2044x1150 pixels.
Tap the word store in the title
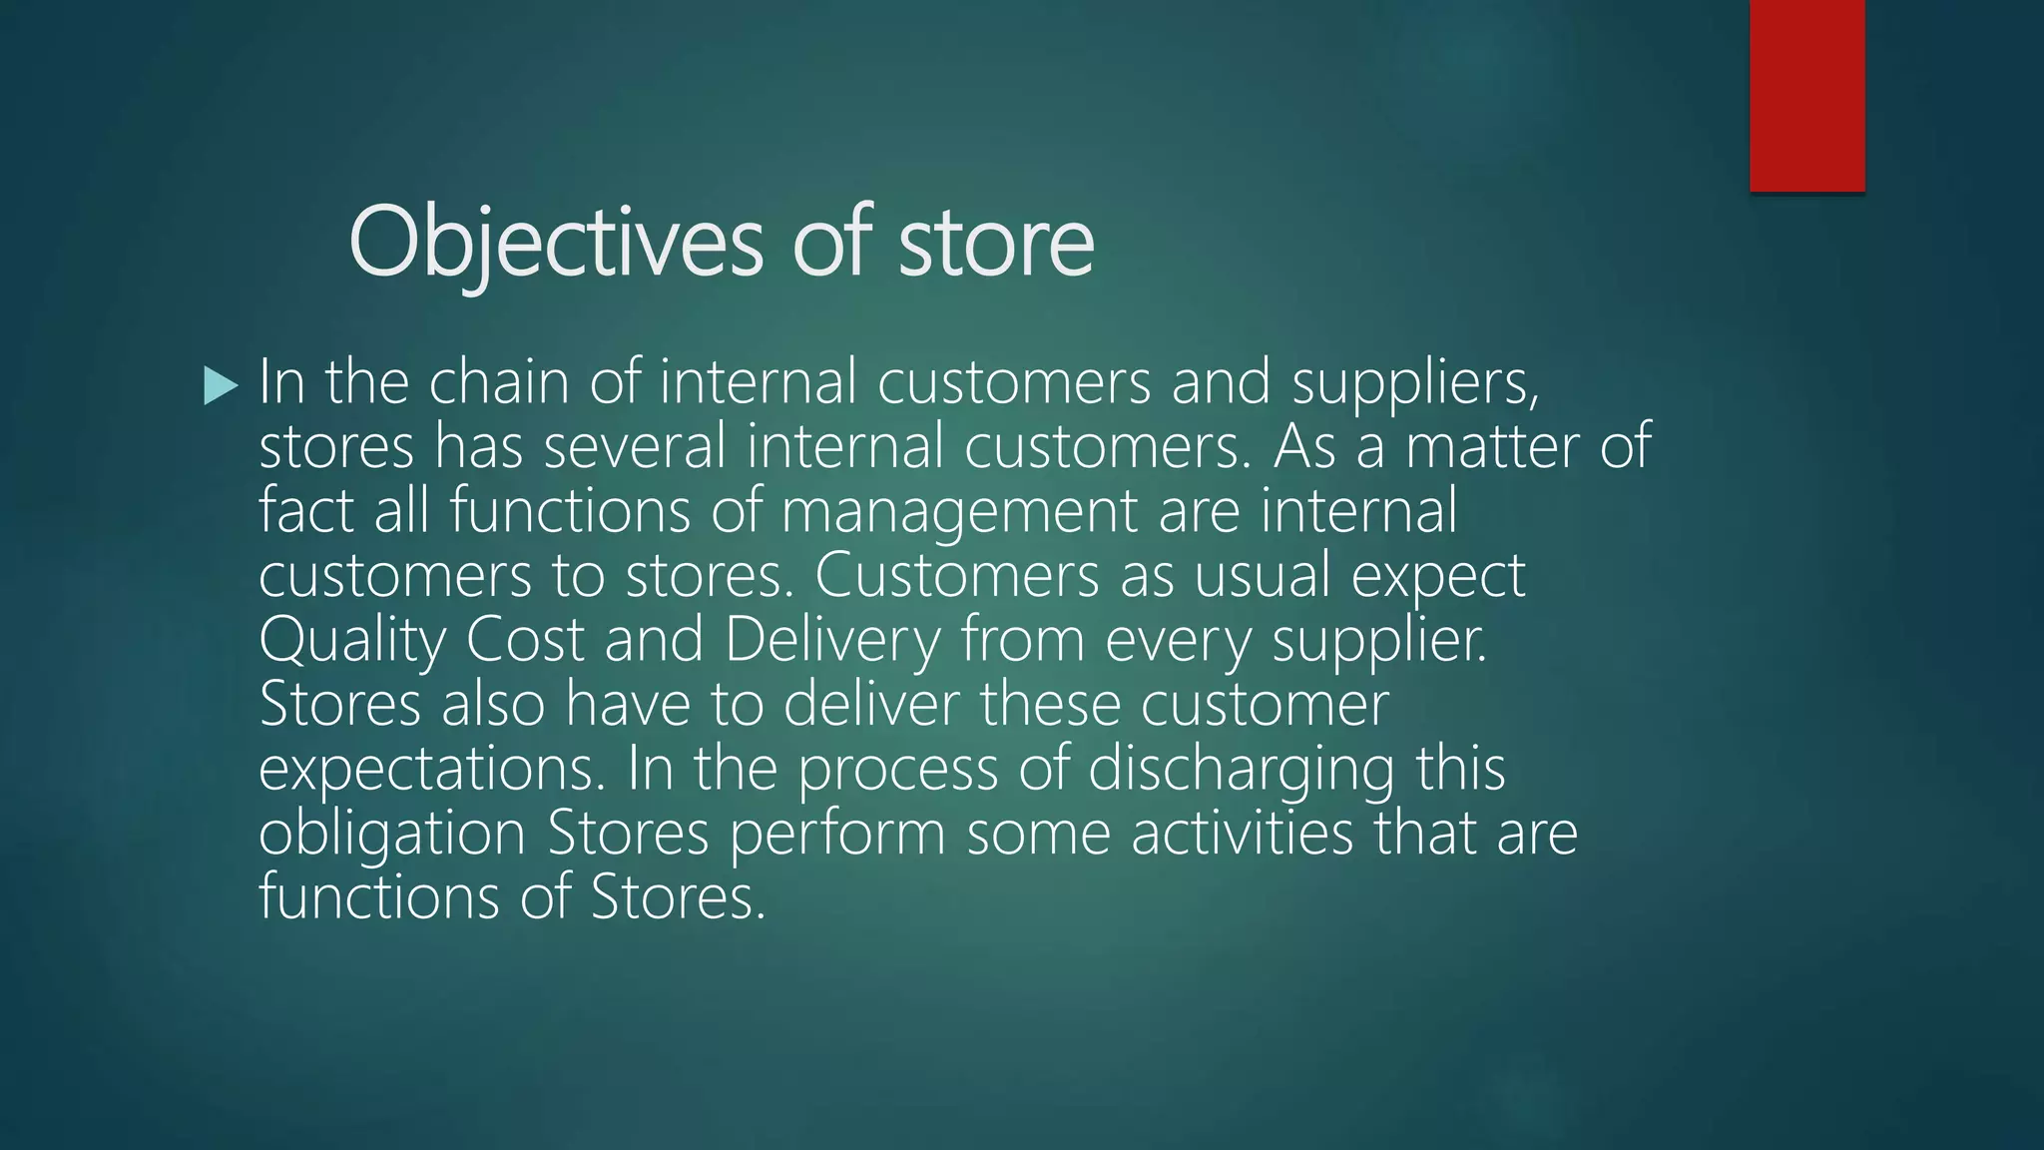pyautogui.click(x=995, y=242)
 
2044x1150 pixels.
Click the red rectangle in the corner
pyautogui.click(x=1806, y=95)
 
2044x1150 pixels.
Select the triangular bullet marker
pyautogui.click(x=220, y=385)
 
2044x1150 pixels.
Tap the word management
pyautogui.click(x=959, y=511)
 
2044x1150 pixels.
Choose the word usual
pyautogui.click(x=1262, y=576)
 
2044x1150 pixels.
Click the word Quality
pyautogui.click(x=352, y=640)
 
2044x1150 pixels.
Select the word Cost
pyautogui.click(x=524, y=640)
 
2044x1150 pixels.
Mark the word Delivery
pyautogui.click(x=832, y=640)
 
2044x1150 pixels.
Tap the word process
pyautogui.click(x=897, y=769)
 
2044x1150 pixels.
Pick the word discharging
pyautogui.click(x=1241, y=769)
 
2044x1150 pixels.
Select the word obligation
pyautogui.click(x=392, y=833)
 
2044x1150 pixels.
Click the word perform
pyautogui.click(x=837, y=833)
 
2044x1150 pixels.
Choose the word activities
pyautogui.click(x=1242, y=833)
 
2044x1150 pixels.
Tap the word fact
pyautogui.click(x=305, y=511)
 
